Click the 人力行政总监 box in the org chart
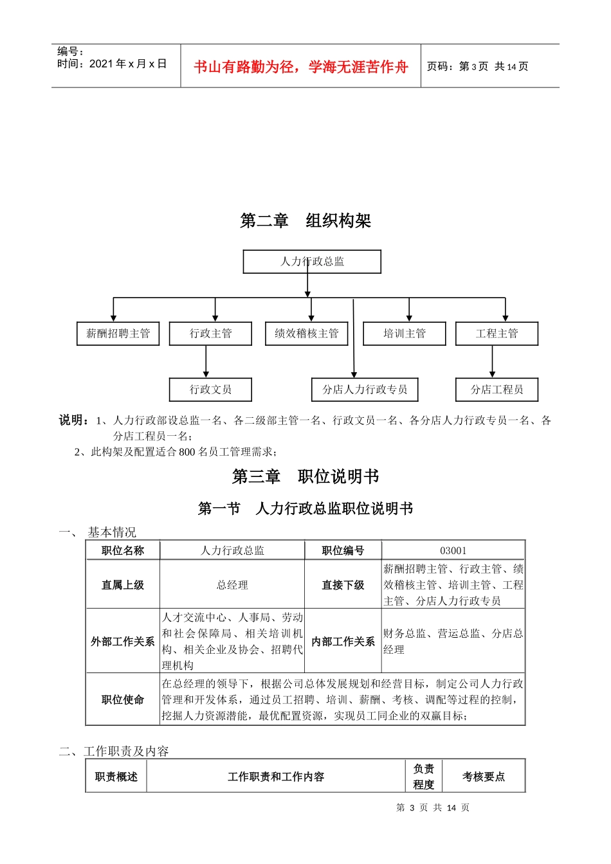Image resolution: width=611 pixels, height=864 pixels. pos(312,262)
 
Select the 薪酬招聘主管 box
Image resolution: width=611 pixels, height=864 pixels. pos(118,334)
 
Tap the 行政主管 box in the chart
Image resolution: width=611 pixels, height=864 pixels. pos(210,334)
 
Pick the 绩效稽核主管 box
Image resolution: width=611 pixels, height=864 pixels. pos(307,334)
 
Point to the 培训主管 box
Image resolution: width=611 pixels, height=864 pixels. pos(405,334)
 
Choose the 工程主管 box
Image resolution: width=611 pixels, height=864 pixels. pos(497,334)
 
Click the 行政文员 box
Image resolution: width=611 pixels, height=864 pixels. pos(210,390)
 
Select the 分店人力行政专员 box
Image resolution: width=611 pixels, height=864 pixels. pos(365,390)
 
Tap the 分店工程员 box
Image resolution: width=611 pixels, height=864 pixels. pos(497,390)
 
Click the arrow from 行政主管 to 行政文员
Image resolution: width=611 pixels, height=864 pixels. pos(206,362)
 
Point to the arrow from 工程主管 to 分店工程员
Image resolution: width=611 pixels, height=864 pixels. pos(492,362)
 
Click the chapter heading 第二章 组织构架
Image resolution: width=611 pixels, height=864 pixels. pos(305,221)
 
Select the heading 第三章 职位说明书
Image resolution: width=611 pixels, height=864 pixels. pos(305,476)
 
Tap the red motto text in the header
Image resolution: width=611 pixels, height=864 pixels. pos(301,67)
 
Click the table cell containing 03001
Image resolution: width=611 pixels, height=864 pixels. pos(453,550)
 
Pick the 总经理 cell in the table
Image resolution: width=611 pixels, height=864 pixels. pos(232,585)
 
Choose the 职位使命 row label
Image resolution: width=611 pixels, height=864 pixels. pos(123,699)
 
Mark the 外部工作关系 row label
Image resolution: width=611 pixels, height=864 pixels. pos(123,642)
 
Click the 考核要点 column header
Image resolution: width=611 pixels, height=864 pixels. pos(484,777)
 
